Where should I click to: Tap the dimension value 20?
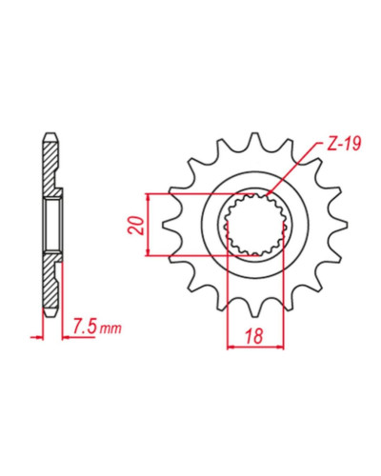[136, 225]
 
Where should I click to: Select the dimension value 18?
[254, 336]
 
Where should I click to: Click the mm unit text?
[110, 328]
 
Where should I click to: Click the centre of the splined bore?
[255, 225]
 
